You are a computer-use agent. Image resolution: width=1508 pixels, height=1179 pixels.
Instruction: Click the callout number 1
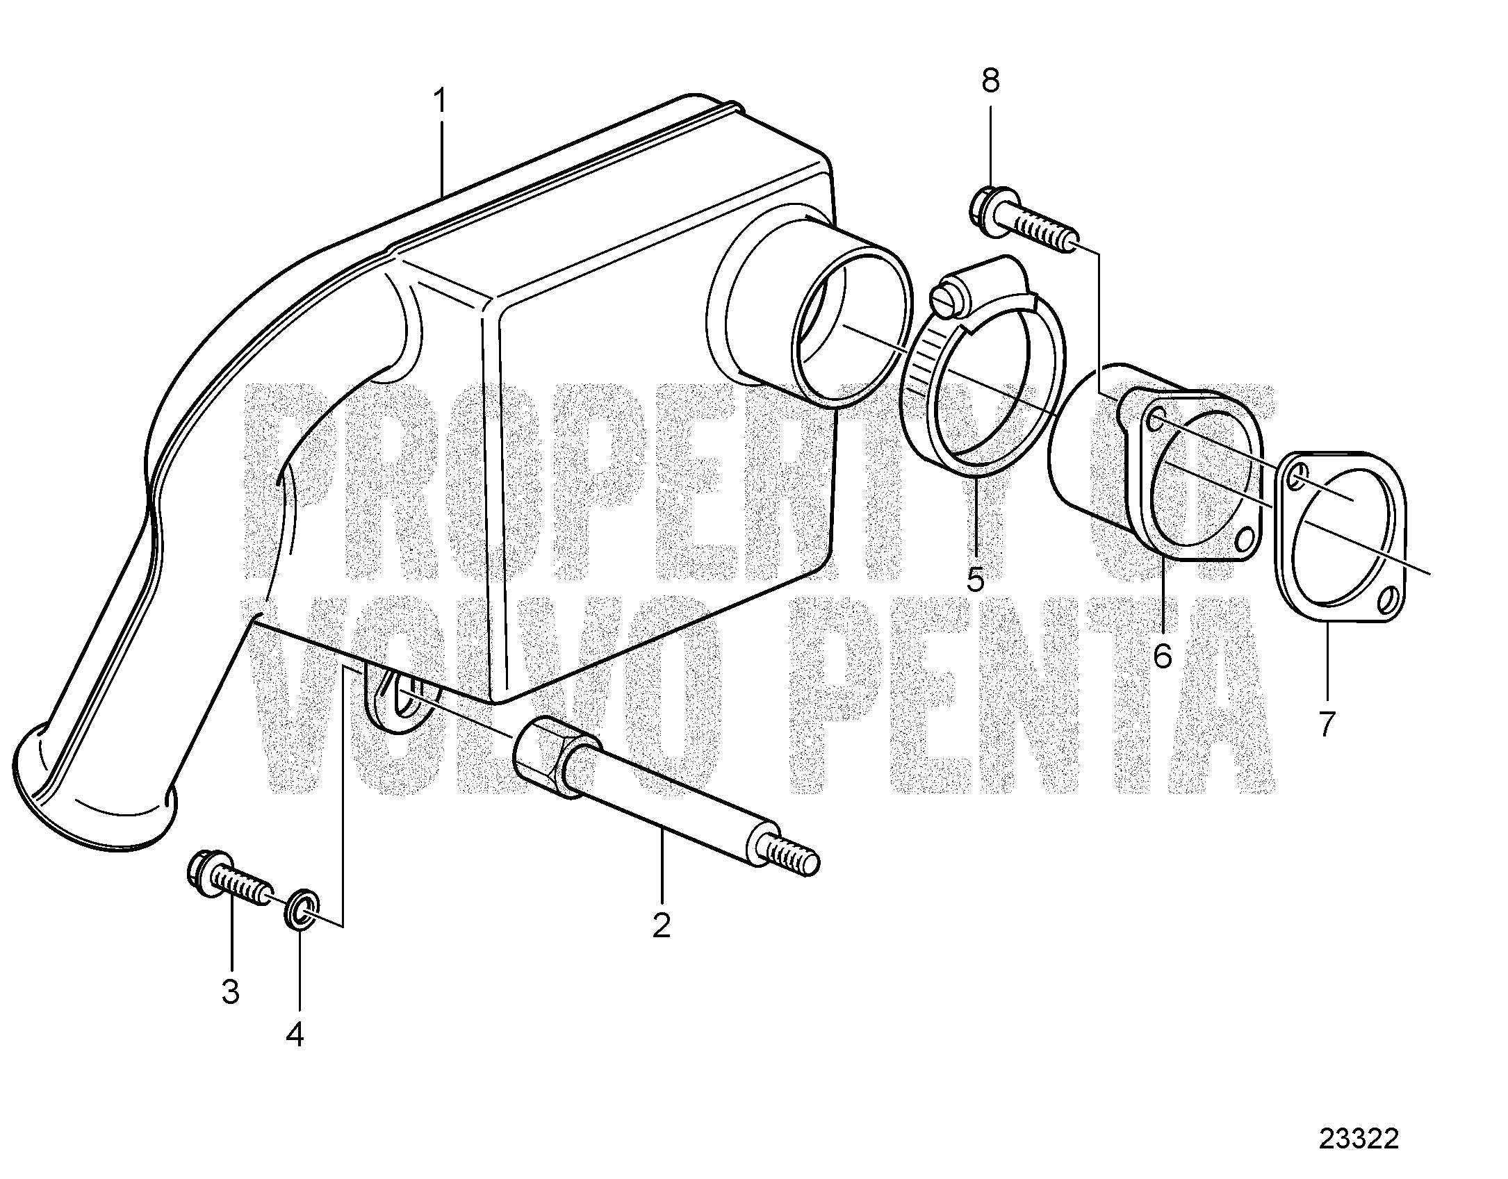[439, 104]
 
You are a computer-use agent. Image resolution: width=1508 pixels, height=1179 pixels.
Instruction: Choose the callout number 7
[1326, 725]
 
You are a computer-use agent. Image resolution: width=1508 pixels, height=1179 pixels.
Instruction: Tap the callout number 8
[990, 81]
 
